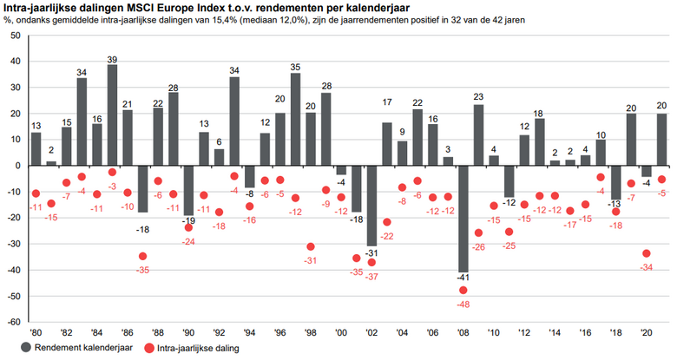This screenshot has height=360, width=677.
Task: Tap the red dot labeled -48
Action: coord(463,291)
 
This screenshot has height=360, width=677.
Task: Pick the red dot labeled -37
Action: coord(371,262)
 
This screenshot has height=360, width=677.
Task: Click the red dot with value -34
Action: coord(646,253)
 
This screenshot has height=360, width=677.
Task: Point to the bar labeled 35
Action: coord(295,119)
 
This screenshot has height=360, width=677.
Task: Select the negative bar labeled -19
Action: coord(188,188)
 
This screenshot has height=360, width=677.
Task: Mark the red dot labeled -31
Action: coord(311,246)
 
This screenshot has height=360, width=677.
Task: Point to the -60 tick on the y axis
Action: coord(13,321)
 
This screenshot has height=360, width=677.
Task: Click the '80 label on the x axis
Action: coord(36,332)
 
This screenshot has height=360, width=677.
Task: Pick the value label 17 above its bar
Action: coord(387,103)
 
